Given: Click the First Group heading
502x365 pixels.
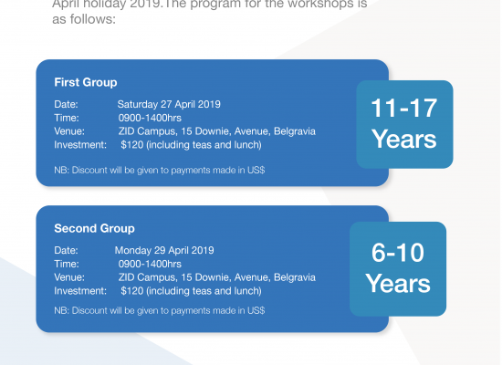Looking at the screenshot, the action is click(x=86, y=83).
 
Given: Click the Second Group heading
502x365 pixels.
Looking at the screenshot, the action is click(x=94, y=229).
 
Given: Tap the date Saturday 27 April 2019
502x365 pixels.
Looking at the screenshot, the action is click(x=169, y=104).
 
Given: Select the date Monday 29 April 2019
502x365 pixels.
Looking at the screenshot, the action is click(x=164, y=250).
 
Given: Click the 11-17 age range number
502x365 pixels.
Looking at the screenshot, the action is click(x=404, y=109).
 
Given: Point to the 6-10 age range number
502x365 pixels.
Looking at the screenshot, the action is click(x=398, y=253).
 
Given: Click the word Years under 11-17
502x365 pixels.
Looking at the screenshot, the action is click(x=404, y=140).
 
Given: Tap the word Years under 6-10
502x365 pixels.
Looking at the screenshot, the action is click(x=398, y=284).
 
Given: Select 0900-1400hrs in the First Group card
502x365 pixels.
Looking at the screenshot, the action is click(x=150, y=118).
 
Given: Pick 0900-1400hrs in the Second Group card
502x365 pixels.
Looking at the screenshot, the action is click(x=150, y=264).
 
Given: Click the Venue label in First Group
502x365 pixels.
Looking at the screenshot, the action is click(x=69, y=131).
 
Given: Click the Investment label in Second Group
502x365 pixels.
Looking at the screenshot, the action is click(x=80, y=291).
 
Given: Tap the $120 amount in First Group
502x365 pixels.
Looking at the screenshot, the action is click(x=132, y=145).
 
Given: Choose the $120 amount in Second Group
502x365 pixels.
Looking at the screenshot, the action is click(x=132, y=291).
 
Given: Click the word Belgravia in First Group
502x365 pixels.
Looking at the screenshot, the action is click(x=295, y=131).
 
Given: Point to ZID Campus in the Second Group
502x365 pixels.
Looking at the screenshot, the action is click(x=147, y=277).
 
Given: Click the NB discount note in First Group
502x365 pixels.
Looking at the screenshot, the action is click(x=160, y=170).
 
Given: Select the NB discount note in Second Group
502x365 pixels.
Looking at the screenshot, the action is click(x=160, y=310).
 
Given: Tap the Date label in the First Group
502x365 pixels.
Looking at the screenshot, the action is click(x=66, y=104).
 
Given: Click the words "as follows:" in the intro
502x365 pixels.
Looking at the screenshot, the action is click(x=84, y=19).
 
